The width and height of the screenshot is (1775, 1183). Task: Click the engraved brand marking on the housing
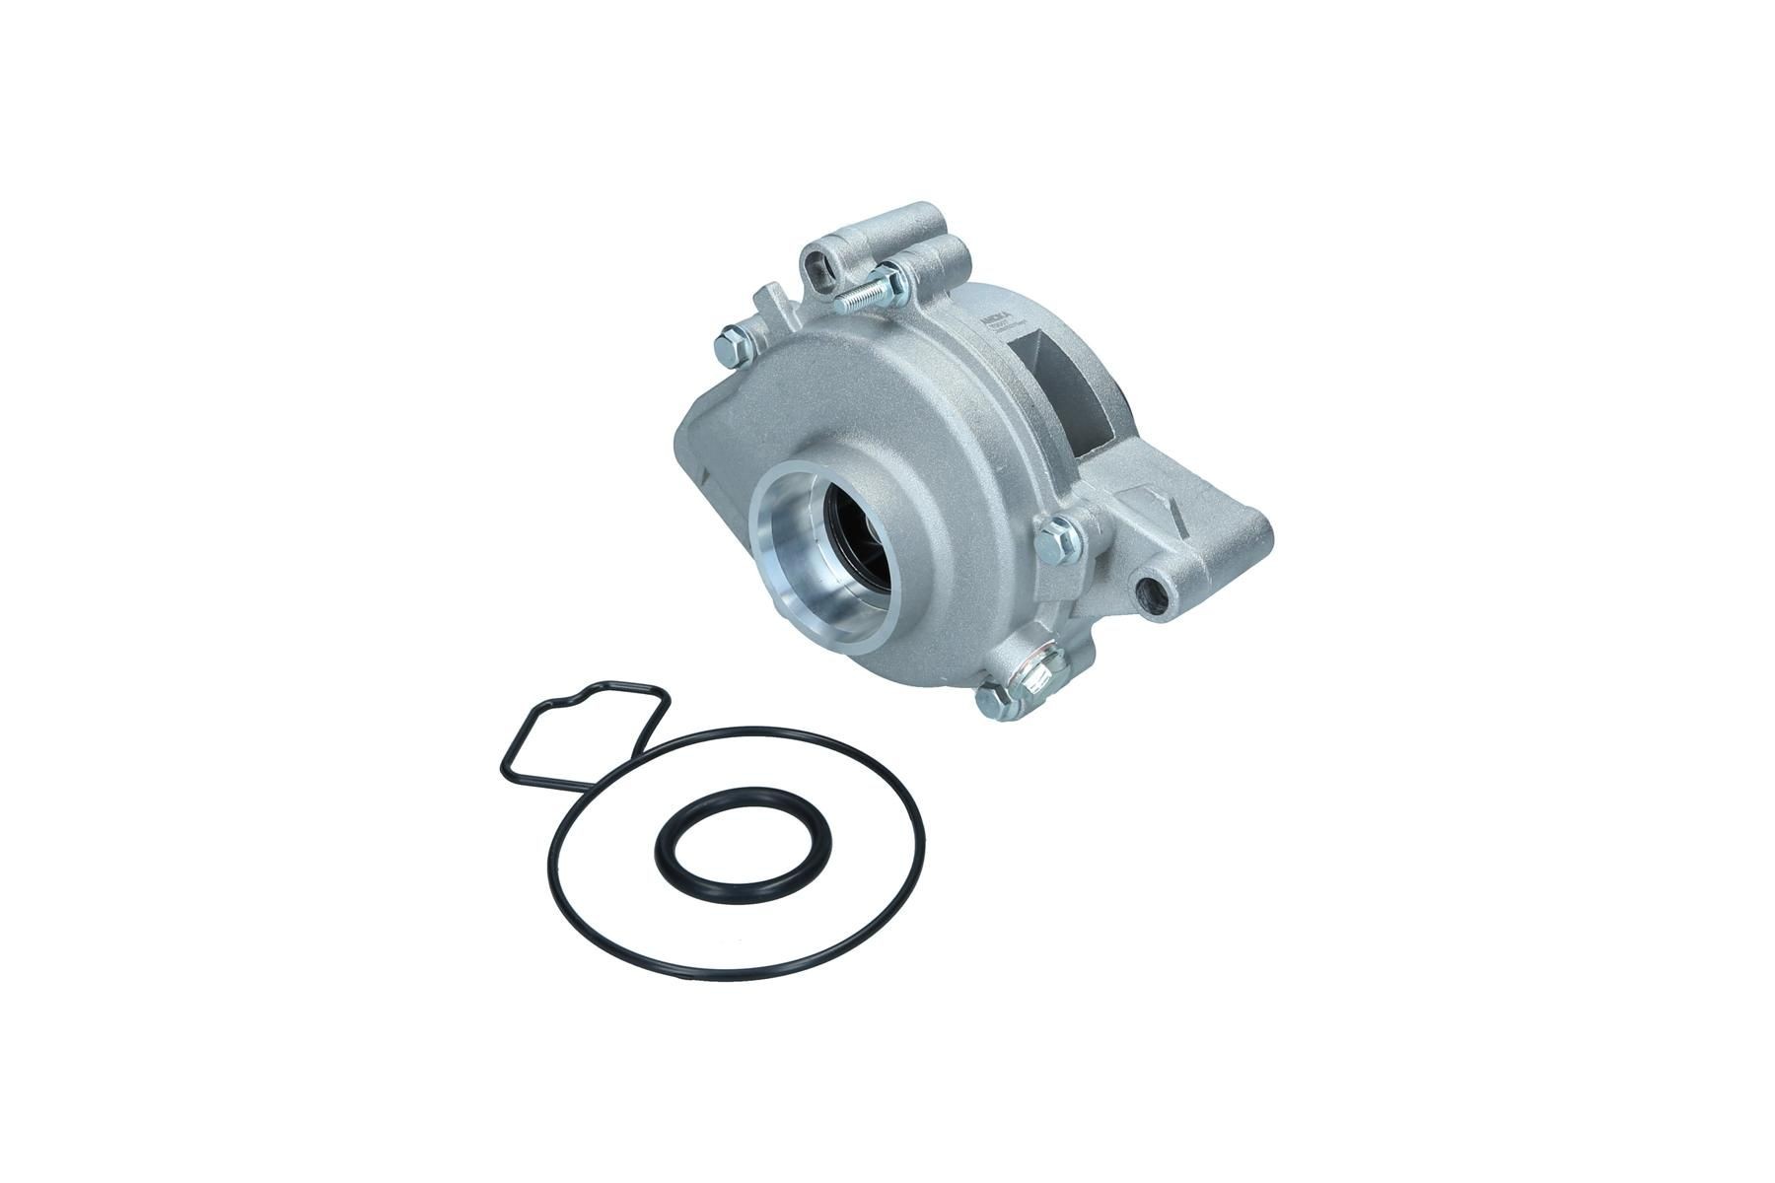tap(996, 320)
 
